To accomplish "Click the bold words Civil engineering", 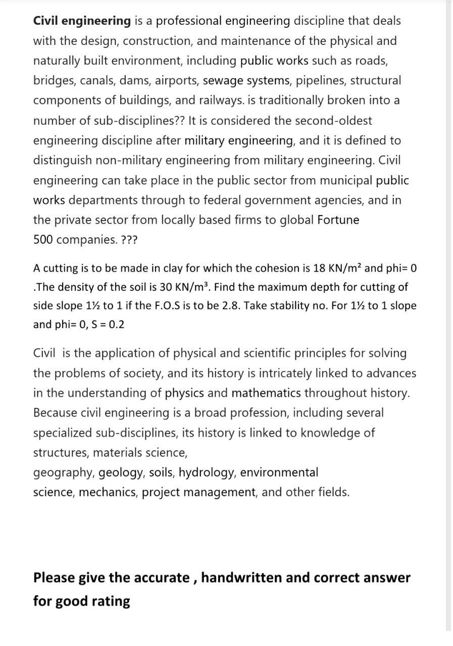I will [82, 21].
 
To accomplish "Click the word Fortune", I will [338, 220].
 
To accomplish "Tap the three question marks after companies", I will [129, 240].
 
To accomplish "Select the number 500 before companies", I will [43, 240].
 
